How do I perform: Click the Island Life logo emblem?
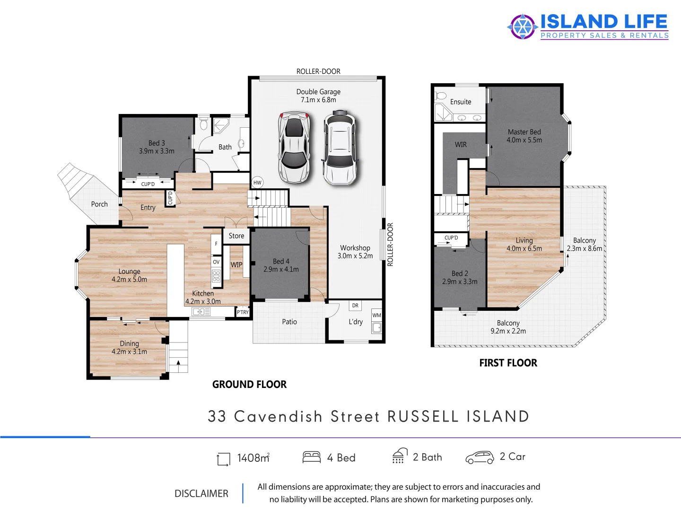[x=522, y=26]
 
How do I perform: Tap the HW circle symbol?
[x=257, y=183]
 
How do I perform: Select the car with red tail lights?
[x=294, y=148]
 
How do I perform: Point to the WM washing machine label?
[x=376, y=315]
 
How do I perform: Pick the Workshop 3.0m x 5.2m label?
[x=355, y=252]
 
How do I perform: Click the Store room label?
[x=236, y=236]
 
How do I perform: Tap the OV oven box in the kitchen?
[x=216, y=262]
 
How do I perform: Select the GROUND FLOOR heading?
[x=249, y=384]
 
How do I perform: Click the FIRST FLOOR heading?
[x=508, y=363]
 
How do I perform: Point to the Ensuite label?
[x=461, y=102]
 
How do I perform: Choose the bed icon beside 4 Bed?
[x=312, y=457]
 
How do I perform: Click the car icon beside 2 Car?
[x=480, y=457]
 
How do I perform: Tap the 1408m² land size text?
[x=253, y=458]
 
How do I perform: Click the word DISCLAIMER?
[x=201, y=493]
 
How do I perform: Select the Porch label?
[x=99, y=204]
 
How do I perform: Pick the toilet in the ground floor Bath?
[x=204, y=124]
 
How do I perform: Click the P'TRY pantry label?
[x=243, y=312]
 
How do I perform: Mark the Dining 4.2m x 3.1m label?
[x=129, y=347]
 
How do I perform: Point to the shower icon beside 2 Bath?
[x=399, y=456]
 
